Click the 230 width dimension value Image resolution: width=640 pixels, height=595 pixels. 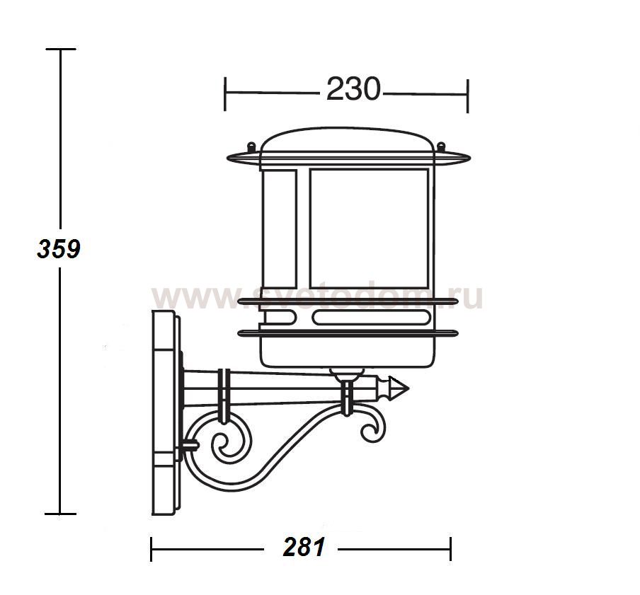(x=353, y=90)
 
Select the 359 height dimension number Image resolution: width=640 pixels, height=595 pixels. (x=59, y=249)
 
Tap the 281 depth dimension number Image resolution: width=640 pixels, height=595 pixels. (x=304, y=547)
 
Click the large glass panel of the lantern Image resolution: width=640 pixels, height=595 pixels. (x=368, y=227)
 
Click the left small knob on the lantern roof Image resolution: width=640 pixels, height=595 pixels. (x=251, y=146)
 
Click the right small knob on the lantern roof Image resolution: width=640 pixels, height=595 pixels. (x=442, y=146)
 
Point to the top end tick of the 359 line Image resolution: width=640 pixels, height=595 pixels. (x=59, y=50)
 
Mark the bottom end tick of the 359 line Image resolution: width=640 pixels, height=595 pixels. (x=59, y=514)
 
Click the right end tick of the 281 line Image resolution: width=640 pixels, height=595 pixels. (x=450, y=548)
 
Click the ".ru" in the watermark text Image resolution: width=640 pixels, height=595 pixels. (x=463, y=297)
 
